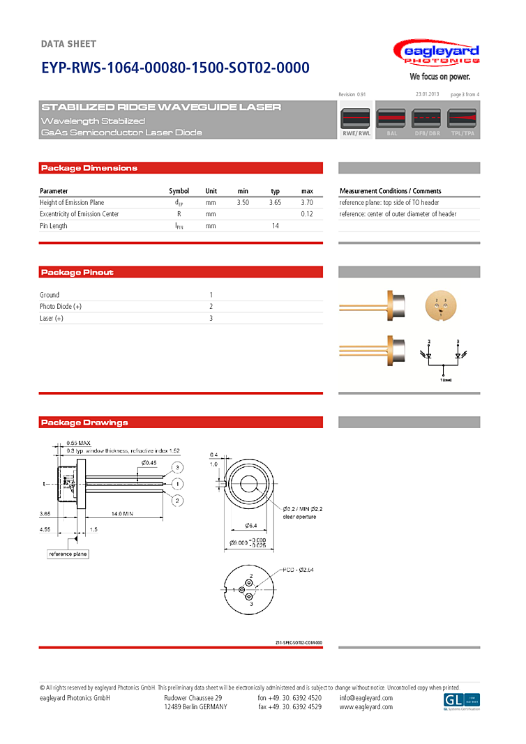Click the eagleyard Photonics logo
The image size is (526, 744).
pos(436,54)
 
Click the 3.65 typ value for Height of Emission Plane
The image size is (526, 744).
pos(275,202)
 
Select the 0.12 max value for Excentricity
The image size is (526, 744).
pos(307,214)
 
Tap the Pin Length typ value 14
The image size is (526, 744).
pos(275,226)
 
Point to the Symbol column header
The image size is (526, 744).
pos(179,191)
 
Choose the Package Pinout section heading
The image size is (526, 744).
pos(77,272)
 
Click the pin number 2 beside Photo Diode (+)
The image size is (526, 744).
pos(211,307)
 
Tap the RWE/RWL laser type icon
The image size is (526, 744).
pos(356,121)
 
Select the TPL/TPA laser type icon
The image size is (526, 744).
pos(462,121)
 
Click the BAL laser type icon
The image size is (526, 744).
pos(391,121)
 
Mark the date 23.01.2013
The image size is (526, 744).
pos(427,94)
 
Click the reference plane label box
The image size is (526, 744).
pos(68,554)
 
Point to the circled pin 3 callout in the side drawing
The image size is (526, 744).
pos(178,467)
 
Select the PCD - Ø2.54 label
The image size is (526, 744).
pos(299,570)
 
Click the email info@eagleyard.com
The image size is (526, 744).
pos(366,697)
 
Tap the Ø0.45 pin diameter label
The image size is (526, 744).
pos(149,462)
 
